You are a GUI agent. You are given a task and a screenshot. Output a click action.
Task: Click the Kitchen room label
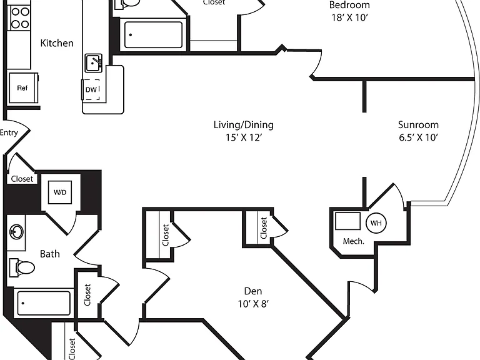[x=57, y=43]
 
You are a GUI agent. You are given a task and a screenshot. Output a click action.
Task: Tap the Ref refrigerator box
[x=23, y=88]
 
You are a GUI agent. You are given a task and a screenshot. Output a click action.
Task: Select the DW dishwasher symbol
[x=91, y=89]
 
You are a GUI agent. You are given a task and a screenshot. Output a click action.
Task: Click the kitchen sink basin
[x=93, y=63]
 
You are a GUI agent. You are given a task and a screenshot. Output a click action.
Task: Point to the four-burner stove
[x=20, y=18]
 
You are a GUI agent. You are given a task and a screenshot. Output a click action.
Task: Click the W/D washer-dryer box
[x=60, y=192]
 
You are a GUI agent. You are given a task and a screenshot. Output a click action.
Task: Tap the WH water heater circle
[x=376, y=223]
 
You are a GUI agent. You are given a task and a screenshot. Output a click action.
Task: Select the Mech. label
[x=354, y=241]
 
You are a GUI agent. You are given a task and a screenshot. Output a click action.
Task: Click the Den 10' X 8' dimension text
[x=254, y=304]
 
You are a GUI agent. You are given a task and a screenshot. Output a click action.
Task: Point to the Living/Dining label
[x=244, y=124]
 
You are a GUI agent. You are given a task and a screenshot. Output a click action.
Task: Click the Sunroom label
[x=418, y=124]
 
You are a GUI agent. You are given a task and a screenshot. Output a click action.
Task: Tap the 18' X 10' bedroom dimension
[x=349, y=17]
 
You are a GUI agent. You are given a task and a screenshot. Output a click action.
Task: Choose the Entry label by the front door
[x=9, y=132]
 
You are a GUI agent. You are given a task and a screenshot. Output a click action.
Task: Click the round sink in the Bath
[x=16, y=231]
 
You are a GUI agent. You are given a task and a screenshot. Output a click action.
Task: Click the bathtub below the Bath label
[x=44, y=303]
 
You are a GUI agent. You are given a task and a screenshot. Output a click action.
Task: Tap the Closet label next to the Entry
[x=22, y=179]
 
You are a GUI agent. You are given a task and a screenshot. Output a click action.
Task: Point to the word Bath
[x=50, y=254]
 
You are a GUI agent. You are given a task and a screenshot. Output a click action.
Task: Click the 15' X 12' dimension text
[x=244, y=137]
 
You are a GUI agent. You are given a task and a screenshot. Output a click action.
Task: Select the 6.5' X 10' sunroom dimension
[x=419, y=137]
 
